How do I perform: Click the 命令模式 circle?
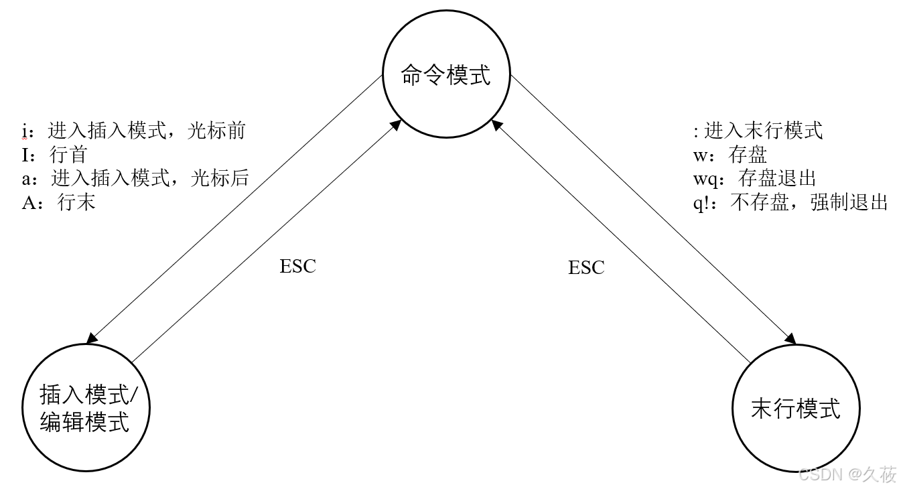[445, 74]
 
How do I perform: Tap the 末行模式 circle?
[795, 408]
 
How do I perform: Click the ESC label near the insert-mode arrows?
[297, 266]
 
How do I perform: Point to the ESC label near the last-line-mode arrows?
[586, 268]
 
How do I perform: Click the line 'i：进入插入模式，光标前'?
[134, 130]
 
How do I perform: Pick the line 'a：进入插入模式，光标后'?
[135, 178]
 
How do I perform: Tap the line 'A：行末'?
[58, 202]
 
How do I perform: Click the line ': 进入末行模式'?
[758, 130]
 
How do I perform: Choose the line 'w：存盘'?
[730, 155]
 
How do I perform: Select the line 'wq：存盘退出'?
[754, 178]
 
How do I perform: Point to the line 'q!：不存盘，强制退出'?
[790, 202]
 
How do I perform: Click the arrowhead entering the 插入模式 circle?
[92, 336]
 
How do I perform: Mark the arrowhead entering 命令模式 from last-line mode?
[496, 125]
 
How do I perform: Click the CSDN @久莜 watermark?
[847, 474]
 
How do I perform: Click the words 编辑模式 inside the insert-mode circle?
[84, 423]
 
